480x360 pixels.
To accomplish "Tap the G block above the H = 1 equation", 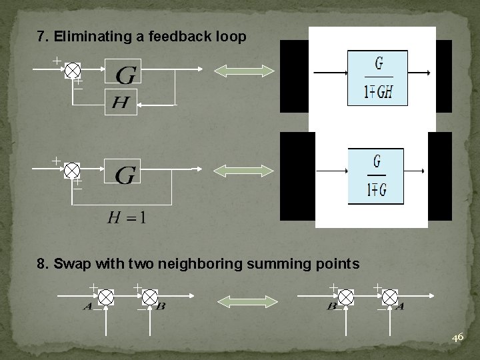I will point(125,175).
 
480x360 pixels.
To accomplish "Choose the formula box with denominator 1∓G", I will point(377,176).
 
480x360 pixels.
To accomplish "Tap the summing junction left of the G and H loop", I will point(73,70).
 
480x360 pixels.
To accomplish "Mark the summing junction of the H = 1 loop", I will point(73,170).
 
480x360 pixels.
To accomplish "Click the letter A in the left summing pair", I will point(88,307).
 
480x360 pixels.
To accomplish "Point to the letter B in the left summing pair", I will point(161,307).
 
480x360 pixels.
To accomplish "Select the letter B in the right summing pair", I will point(331,307).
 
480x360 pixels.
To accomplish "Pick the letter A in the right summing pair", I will point(399,307).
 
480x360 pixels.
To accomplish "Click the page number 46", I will point(457,338).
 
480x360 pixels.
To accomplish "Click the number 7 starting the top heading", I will point(41,37).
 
